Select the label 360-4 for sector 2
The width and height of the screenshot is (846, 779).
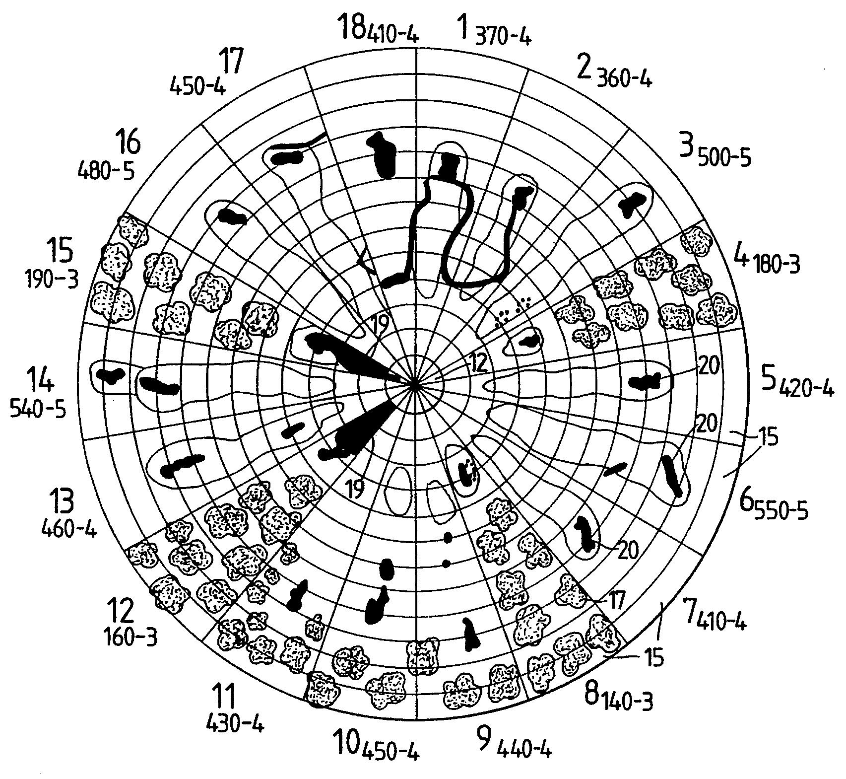pyautogui.click(x=623, y=79)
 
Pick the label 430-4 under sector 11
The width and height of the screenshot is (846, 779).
pyautogui.click(x=132, y=637)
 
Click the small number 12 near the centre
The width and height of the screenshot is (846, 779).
pyautogui.click(x=415, y=385)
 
